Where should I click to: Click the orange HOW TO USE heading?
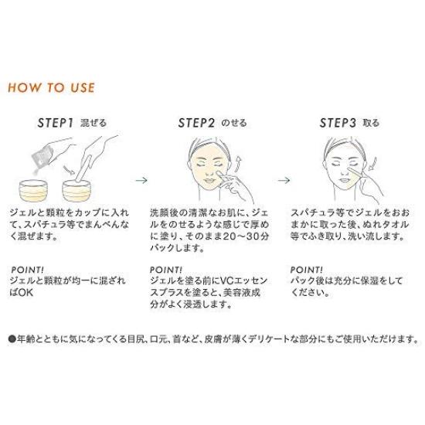pos(51,87)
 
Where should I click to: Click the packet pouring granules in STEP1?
pos(38,154)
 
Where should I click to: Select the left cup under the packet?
pos(34,188)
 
